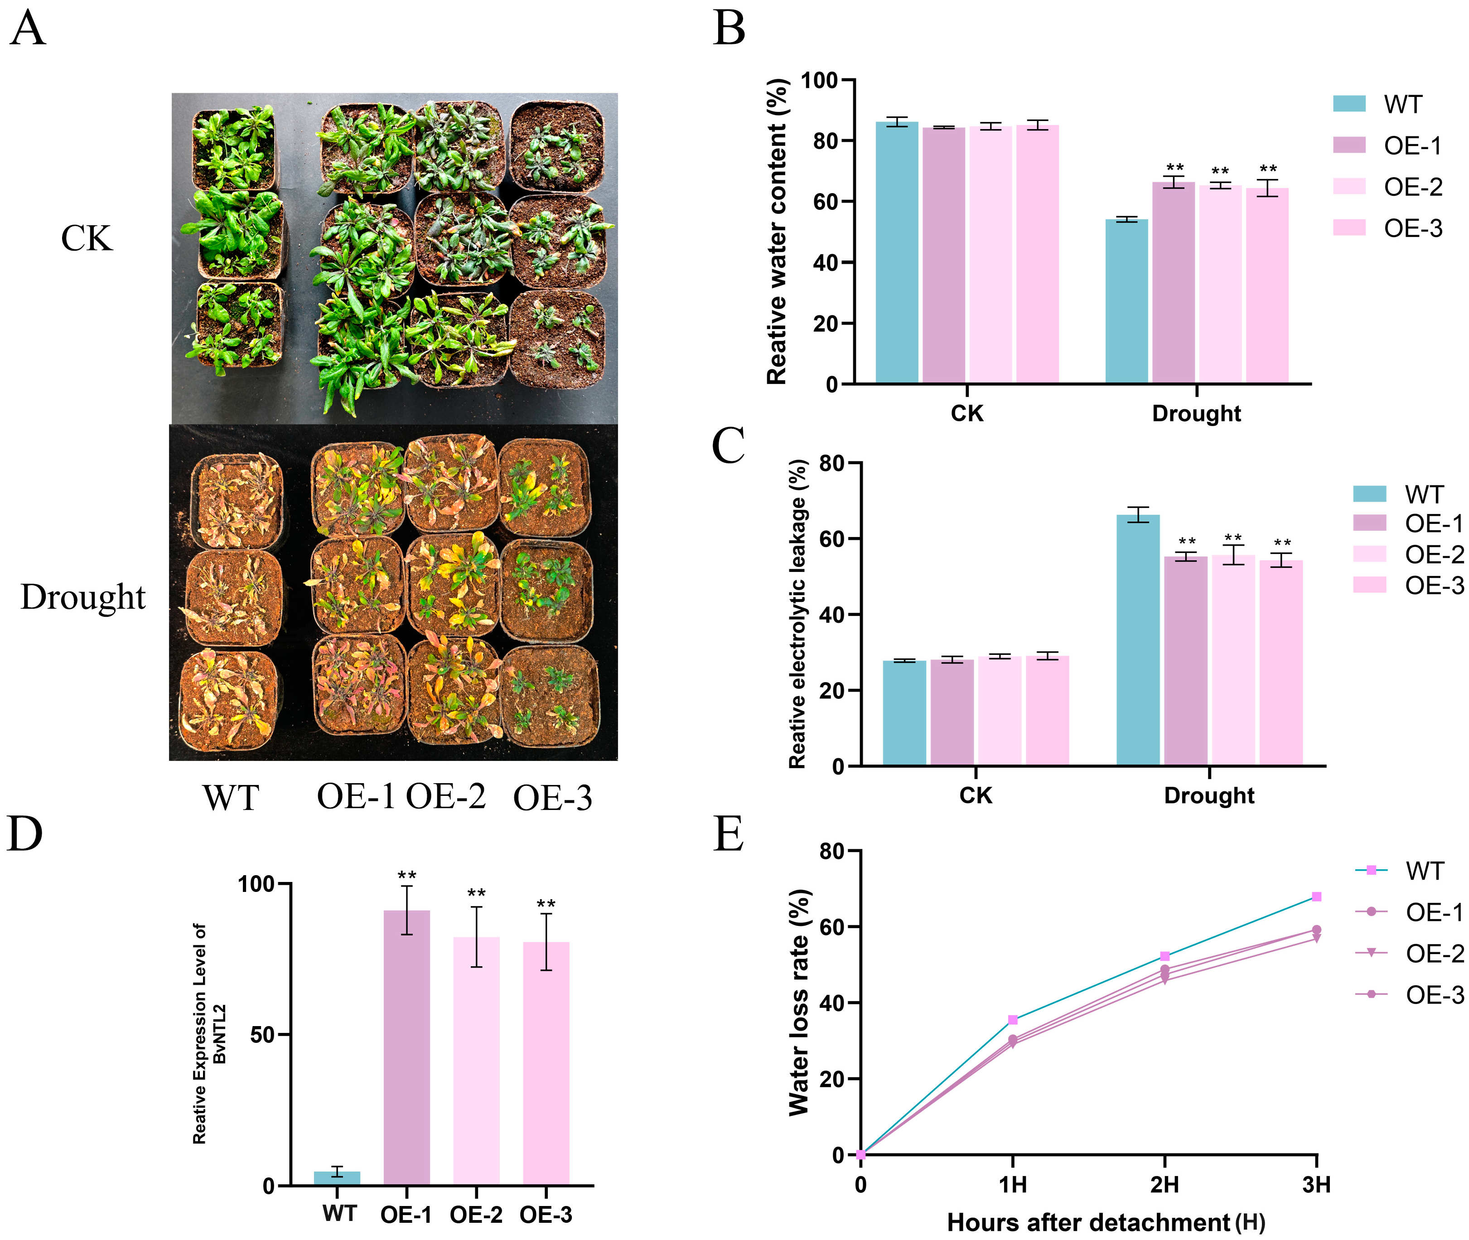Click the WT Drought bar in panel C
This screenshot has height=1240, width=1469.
point(1138,639)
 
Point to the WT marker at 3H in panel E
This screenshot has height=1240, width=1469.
point(1316,896)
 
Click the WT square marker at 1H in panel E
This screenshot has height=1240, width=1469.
point(1013,1019)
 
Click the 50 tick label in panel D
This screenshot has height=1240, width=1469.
point(264,1035)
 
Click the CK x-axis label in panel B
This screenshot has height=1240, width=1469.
point(966,413)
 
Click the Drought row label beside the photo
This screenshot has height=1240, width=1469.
point(83,597)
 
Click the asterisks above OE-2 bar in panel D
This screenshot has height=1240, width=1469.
point(477,893)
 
